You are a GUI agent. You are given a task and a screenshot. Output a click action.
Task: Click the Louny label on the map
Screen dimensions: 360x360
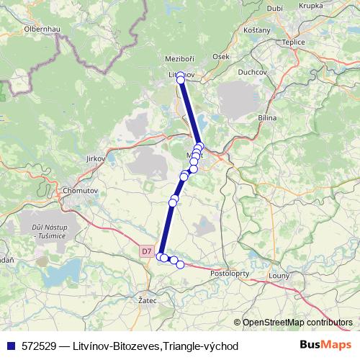click(x=278, y=276)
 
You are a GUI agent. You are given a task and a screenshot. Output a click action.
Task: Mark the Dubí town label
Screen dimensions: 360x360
click(x=274, y=8)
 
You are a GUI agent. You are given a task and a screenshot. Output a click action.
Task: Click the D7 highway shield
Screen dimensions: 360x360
click(x=147, y=251)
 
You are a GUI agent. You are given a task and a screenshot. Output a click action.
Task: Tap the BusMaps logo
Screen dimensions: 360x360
click(x=326, y=345)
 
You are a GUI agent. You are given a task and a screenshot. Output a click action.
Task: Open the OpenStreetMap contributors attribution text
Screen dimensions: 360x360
click(x=297, y=322)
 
